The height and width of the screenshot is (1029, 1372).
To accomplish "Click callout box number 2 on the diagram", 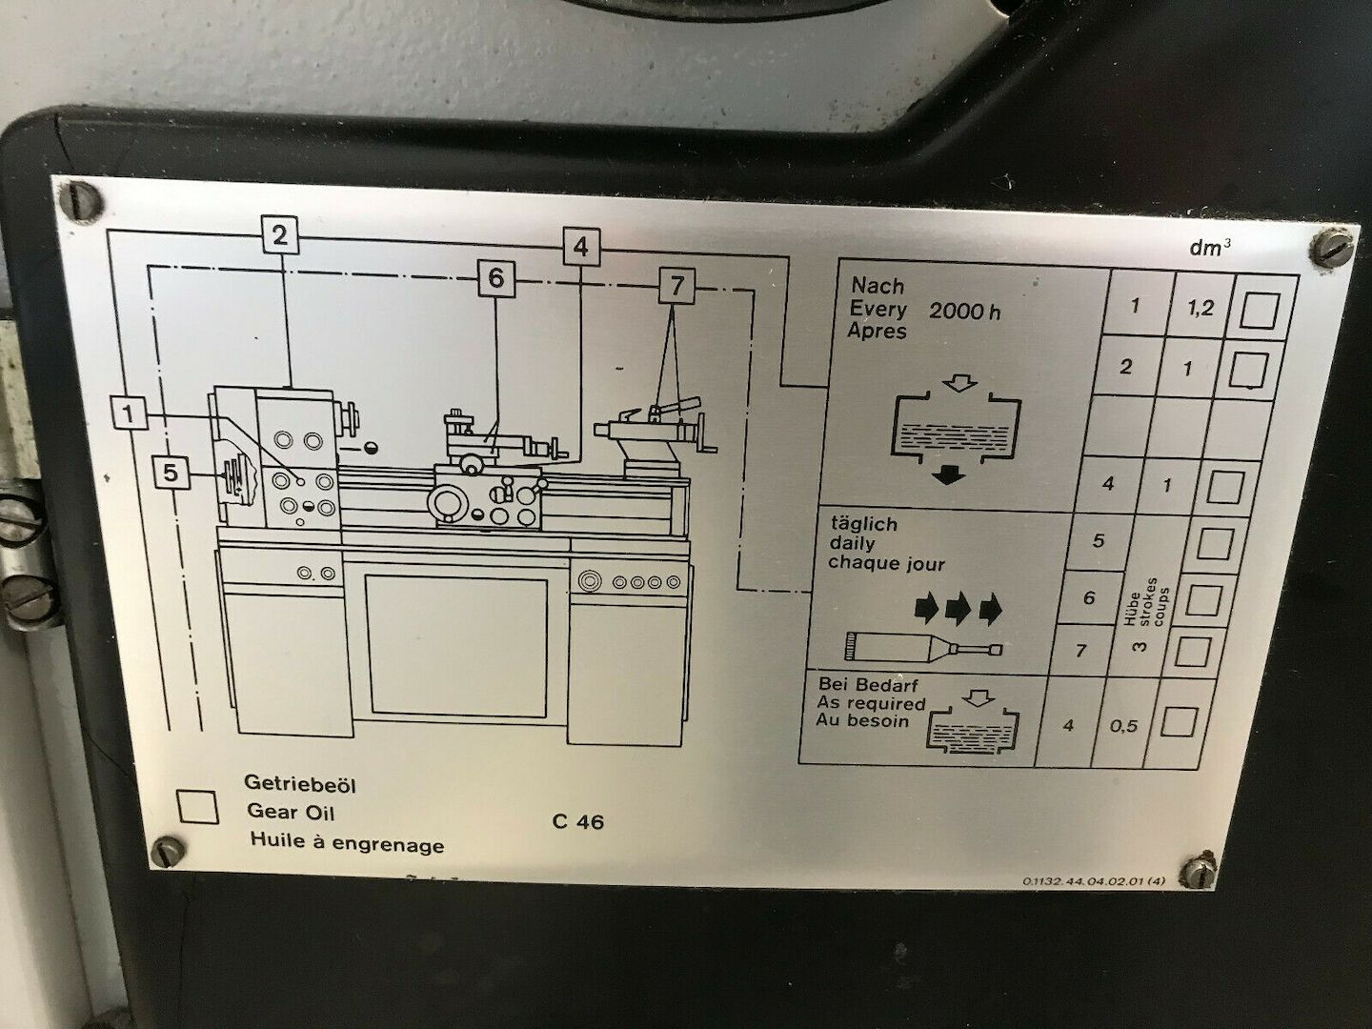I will click(279, 235).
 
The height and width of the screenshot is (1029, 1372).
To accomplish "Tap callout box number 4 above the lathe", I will click(580, 247).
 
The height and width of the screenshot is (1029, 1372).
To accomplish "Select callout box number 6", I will click(495, 279).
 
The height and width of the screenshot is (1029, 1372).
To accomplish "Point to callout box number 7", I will click(676, 285).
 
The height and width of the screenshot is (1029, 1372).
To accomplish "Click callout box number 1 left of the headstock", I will click(131, 414).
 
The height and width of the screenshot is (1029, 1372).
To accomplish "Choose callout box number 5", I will click(171, 472).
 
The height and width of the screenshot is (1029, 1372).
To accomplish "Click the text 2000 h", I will click(964, 311).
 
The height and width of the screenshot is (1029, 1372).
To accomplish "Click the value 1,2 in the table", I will click(1200, 309).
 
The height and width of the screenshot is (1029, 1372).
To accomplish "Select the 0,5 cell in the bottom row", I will click(1124, 726).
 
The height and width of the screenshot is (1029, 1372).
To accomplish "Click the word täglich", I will click(862, 524).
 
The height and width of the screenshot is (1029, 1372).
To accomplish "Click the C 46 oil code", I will click(577, 821).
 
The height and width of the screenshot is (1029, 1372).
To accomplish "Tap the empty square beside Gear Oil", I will click(198, 806).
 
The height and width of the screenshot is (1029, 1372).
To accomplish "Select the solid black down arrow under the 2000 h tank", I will click(947, 476).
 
